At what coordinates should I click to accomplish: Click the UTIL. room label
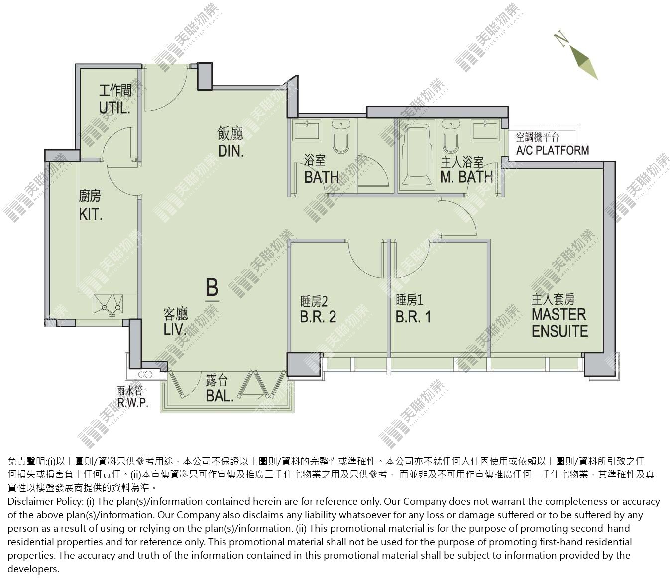115,108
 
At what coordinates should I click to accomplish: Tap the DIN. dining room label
231,151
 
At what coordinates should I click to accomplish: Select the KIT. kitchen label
91,214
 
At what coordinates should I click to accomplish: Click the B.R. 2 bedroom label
318,316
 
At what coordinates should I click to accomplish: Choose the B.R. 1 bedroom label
413,316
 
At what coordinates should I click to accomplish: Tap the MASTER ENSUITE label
559,323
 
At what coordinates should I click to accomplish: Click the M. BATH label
466,177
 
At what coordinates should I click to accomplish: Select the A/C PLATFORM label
553,150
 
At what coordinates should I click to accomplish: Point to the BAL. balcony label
220,396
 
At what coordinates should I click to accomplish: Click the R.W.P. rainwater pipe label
132,402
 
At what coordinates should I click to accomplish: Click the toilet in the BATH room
341,136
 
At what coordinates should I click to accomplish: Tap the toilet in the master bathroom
451,136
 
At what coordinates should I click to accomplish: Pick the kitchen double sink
108,304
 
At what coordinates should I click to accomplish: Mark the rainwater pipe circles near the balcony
145,375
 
